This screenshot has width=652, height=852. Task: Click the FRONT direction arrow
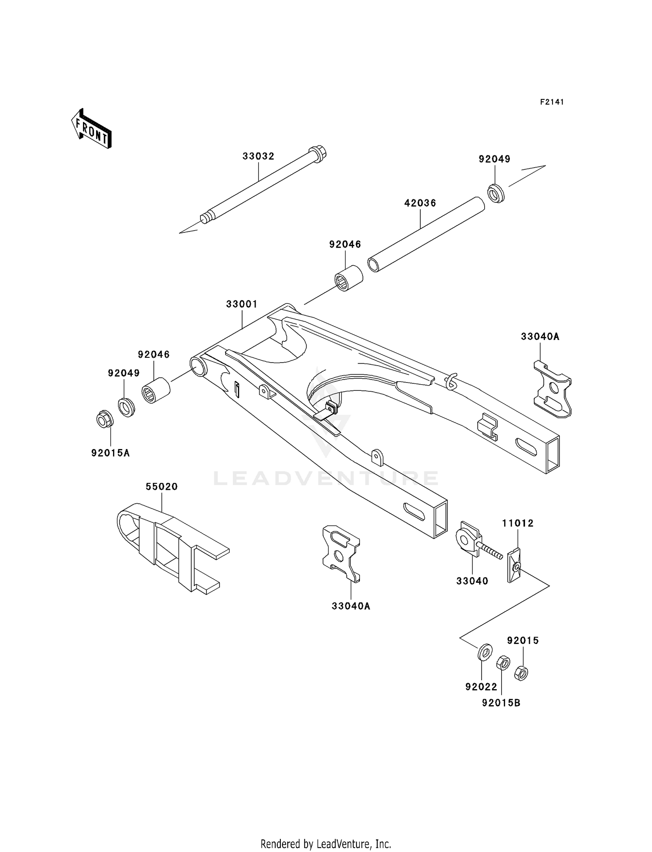tap(92, 129)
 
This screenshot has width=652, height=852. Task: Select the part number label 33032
tap(258, 156)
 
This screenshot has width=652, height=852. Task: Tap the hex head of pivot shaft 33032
tap(318, 154)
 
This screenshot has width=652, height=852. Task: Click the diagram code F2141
tap(552, 102)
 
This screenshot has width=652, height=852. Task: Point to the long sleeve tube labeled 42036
tap(426, 234)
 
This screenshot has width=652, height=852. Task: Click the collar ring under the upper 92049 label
tap(496, 193)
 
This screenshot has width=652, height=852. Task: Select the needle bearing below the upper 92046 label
tap(349, 278)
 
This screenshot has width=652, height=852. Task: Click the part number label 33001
tap(242, 304)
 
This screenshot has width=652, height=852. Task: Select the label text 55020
tap(162, 487)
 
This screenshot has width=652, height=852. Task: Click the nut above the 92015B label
tap(503, 663)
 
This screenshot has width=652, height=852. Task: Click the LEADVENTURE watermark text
tap(326, 479)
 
